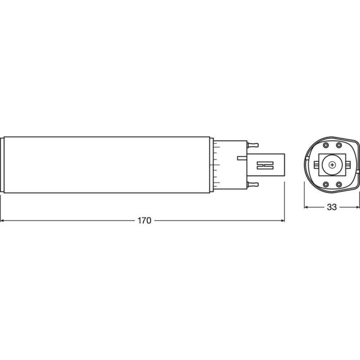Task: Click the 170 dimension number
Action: click(x=145, y=221)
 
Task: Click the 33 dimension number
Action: click(x=332, y=207)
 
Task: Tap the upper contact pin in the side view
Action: click(x=253, y=145)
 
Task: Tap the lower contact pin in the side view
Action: click(x=253, y=184)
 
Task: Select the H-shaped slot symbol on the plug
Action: click(x=265, y=165)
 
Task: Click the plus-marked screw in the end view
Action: click(x=332, y=165)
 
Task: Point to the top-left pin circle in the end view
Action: click(x=326, y=146)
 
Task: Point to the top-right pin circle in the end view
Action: click(x=338, y=146)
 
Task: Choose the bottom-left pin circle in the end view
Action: click(x=326, y=184)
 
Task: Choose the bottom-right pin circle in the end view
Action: click(x=338, y=184)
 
